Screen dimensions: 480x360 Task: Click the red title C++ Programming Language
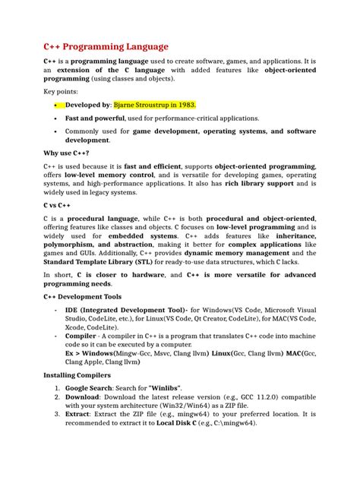pyautogui.click(x=106, y=46)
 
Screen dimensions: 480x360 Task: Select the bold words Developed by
pyautogui.click(x=88, y=105)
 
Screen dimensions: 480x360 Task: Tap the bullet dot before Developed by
pyautogui.click(x=55, y=105)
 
